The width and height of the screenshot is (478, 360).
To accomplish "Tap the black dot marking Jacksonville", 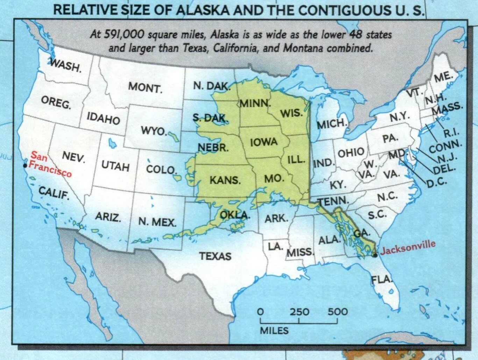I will [x=375, y=255].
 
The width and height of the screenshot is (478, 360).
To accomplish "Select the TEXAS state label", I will [x=215, y=256].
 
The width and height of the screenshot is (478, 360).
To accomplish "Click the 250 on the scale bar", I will [x=299, y=311].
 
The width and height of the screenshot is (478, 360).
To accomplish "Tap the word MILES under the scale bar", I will [x=274, y=331].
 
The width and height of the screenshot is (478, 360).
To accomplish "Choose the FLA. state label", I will [x=381, y=280].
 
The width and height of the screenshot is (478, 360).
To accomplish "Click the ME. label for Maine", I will [x=443, y=77].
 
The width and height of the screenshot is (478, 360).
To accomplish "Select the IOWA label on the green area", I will [x=264, y=142].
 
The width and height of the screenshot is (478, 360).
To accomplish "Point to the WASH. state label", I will [x=65, y=65].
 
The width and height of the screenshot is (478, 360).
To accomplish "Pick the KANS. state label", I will [x=225, y=180].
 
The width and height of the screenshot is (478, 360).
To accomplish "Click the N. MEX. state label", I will [x=157, y=221].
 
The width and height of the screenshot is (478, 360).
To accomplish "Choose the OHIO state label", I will [x=351, y=152].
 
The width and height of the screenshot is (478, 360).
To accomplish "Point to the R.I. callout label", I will [x=451, y=133].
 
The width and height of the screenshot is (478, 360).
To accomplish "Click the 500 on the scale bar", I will [x=337, y=311].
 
